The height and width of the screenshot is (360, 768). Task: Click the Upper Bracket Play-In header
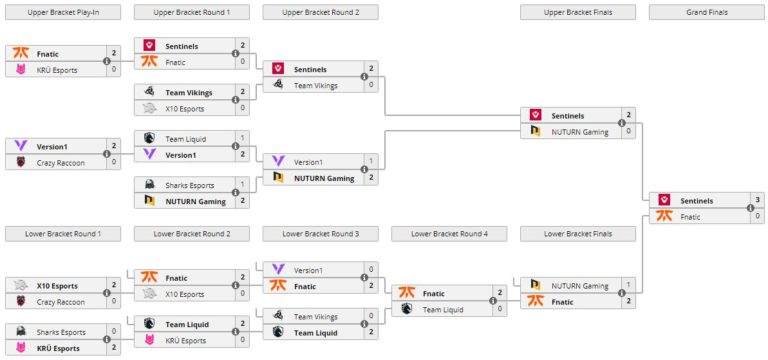[63, 12]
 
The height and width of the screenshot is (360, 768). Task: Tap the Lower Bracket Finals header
[579, 233]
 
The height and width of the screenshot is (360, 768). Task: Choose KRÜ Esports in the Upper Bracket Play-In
[58, 70]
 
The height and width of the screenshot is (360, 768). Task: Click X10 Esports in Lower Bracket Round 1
[58, 285]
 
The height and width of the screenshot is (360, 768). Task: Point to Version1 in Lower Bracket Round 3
[308, 270]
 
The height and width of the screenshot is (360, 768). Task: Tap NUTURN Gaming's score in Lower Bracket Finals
[628, 286]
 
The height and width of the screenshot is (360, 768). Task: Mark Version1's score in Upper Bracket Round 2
[371, 162]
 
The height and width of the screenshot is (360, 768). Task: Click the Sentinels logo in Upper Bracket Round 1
[149, 46]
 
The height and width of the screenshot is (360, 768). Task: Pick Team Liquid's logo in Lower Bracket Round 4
[405, 308]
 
